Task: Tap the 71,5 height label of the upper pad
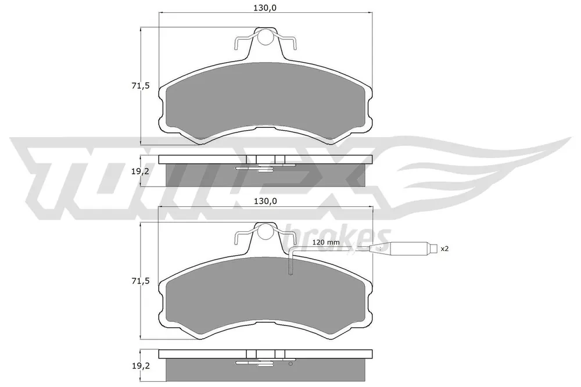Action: (140, 86)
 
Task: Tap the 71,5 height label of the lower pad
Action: (140, 281)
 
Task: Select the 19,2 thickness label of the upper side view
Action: (140, 172)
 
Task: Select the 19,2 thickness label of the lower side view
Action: (140, 367)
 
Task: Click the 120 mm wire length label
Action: (326, 242)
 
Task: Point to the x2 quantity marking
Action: (444, 249)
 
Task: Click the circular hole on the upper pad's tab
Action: (265, 37)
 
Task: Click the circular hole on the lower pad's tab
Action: (265, 232)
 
